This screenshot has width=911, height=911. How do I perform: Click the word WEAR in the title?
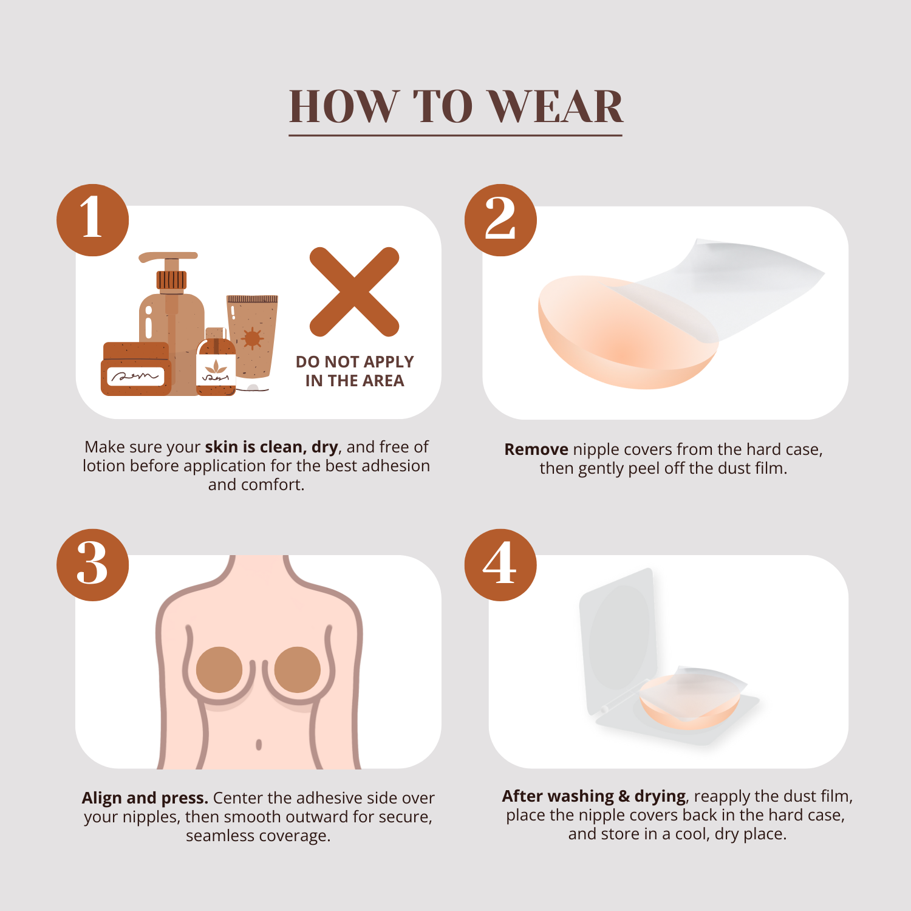pyautogui.click(x=556, y=107)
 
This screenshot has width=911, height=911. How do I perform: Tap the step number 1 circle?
pyautogui.click(x=93, y=220)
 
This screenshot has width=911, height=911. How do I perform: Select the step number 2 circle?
pyautogui.click(x=500, y=220)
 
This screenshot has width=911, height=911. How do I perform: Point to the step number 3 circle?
pyautogui.click(x=93, y=565)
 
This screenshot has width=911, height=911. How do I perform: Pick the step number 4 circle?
pyautogui.click(x=500, y=565)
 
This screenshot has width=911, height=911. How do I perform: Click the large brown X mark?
pyautogui.click(x=355, y=292)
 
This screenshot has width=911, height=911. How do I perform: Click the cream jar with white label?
pyautogui.click(x=136, y=369)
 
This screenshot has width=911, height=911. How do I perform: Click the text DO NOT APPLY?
pyautogui.click(x=355, y=362)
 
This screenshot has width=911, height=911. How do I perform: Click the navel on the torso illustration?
pyautogui.click(x=259, y=744)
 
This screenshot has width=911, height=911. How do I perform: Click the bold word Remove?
pyautogui.click(x=536, y=449)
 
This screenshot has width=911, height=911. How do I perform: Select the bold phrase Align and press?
pyautogui.click(x=145, y=798)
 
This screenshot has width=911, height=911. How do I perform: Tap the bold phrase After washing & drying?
pyautogui.click(x=594, y=796)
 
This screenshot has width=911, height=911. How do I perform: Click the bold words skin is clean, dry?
pyautogui.click(x=271, y=447)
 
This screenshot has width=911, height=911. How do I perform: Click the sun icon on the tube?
pyautogui.click(x=251, y=338)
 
